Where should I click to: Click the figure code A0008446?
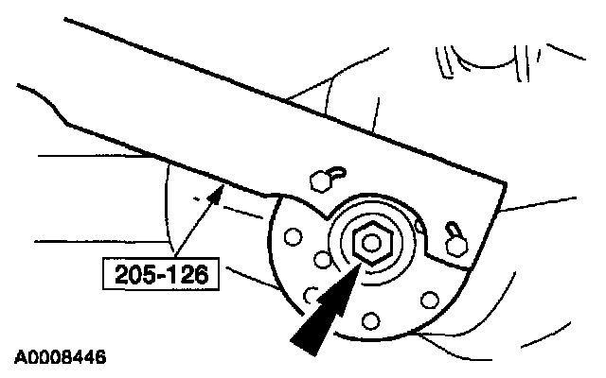[x=59, y=358]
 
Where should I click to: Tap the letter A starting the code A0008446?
[x=20, y=358]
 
